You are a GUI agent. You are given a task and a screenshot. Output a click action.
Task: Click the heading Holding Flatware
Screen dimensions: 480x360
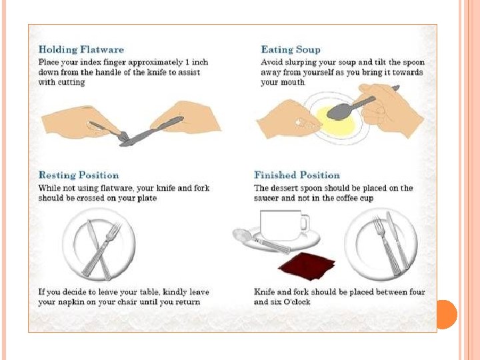[x=81, y=49]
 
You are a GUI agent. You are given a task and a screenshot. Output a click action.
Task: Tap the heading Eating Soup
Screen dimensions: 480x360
[x=291, y=49]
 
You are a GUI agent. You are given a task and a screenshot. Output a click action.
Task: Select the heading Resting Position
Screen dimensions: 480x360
[x=79, y=175]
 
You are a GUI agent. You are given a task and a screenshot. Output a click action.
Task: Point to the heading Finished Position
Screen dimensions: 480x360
[x=297, y=175]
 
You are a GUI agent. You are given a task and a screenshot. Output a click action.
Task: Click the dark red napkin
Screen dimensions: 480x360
[x=307, y=266]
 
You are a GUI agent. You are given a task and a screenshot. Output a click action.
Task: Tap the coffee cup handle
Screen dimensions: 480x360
[x=305, y=223]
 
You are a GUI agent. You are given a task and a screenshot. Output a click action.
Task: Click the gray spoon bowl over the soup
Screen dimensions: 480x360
[x=339, y=111]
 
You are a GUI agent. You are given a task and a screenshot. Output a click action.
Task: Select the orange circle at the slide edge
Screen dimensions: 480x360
[x=447, y=315]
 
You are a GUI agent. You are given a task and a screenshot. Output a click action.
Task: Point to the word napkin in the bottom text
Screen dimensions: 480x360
[x=71, y=303]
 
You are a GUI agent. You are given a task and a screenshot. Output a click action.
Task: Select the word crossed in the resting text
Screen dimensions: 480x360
[x=90, y=198]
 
